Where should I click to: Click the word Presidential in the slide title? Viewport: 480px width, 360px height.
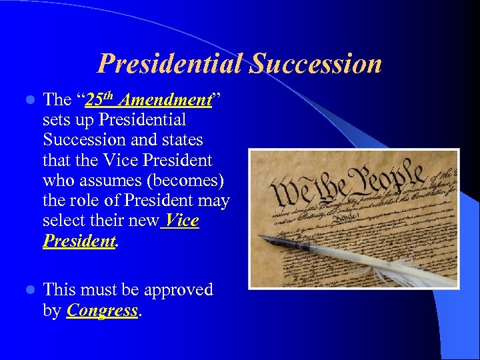click(171, 64)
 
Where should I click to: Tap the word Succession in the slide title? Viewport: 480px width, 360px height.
click(316, 64)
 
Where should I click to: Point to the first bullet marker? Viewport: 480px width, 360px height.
click(28, 101)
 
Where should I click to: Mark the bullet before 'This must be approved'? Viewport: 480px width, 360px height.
click(28, 290)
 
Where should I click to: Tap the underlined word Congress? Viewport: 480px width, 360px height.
click(103, 310)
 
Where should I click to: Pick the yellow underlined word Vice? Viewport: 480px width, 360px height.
click(182, 220)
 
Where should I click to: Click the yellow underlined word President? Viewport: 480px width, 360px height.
click(79, 241)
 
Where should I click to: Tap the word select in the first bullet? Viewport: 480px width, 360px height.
click(64, 220)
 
